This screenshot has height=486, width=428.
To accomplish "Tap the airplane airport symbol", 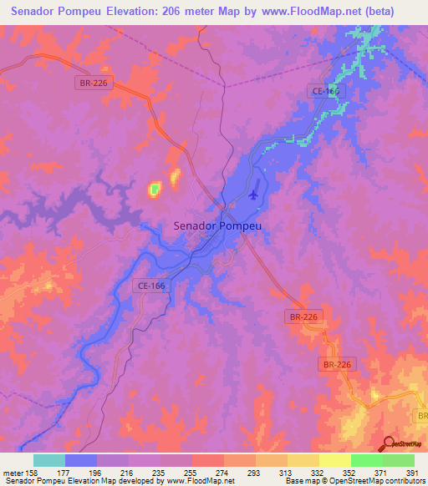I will coord(254,195).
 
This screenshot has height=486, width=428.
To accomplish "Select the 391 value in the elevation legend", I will coord(412,473).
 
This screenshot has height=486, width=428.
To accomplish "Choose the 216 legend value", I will coord(127,473).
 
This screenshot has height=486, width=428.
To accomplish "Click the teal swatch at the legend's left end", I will coord(49,460).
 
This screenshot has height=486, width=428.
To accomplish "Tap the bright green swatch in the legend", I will coord(366,460).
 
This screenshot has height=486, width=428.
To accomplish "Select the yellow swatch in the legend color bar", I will coord(334,460).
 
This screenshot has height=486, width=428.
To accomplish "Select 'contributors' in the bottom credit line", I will coord(397,481).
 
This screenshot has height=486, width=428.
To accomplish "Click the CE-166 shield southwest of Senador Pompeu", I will coord(149,286).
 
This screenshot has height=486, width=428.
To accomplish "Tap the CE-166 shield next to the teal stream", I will coord(324,93).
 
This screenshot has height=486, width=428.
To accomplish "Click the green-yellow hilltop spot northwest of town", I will coord(155,190).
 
